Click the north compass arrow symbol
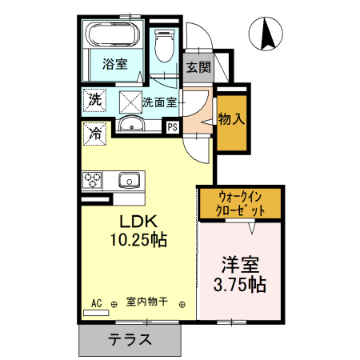268,34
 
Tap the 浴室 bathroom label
116,65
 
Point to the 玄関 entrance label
198,67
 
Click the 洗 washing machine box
94,101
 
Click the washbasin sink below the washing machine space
130,125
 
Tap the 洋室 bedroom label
239,265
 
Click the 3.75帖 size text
240,285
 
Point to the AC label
96,303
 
